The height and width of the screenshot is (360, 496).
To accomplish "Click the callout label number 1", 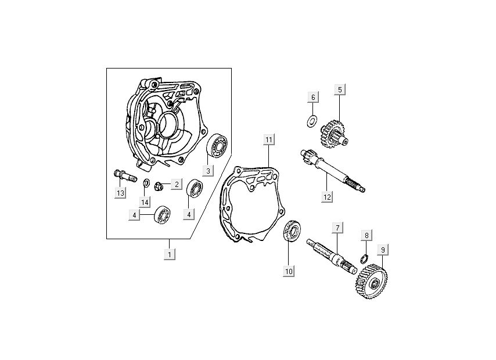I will [x=170, y=254].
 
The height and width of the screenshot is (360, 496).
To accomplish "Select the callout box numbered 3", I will [x=206, y=170].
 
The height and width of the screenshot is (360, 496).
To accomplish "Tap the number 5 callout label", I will [x=340, y=89].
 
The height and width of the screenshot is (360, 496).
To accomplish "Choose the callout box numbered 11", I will [x=268, y=139].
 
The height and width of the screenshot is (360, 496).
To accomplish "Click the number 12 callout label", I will [x=327, y=196].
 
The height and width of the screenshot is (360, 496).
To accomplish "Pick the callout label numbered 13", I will [x=120, y=193].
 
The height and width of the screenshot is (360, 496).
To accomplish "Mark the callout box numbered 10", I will [x=289, y=271].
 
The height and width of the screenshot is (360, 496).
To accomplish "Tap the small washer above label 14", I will [x=146, y=185].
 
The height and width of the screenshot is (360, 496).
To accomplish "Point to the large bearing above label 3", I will [x=217, y=146].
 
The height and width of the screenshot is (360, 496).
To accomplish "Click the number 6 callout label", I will [x=312, y=97].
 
